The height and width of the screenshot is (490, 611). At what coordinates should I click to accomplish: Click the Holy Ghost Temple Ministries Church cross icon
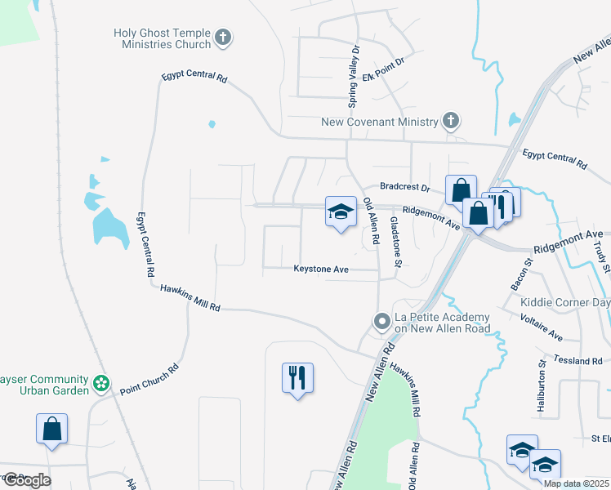[223, 37]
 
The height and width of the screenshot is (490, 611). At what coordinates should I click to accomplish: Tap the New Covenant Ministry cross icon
[450, 122]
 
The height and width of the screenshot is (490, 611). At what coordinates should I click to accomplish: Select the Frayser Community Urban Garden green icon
[101, 382]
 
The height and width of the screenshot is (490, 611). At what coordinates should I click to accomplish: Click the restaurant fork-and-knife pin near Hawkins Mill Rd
[297, 378]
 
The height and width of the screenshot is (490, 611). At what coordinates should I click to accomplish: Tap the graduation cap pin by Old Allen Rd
[341, 213]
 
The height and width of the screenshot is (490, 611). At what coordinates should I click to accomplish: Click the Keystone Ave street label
[321, 269]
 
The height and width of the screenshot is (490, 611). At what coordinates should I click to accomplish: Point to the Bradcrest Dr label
[403, 187]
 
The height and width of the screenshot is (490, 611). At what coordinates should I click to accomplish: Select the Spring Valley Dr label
[354, 78]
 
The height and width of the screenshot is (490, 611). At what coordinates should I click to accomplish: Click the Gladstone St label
[396, 241]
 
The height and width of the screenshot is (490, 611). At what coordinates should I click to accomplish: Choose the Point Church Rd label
[149, 379]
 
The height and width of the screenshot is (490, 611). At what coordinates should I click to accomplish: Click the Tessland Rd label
[576, 360]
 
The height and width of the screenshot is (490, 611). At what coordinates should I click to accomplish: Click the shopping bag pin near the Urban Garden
[51, 429]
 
